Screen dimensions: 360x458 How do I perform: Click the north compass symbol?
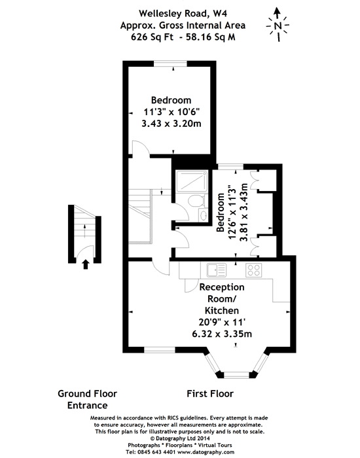278,25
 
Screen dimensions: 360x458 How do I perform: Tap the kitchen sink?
216,270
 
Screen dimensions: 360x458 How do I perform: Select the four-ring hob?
253,270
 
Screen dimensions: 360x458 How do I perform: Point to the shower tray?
192,181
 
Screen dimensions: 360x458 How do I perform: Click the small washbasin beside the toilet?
204,215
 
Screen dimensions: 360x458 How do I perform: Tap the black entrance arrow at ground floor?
85,264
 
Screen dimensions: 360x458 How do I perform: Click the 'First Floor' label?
210,394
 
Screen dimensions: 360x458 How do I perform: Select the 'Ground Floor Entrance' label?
87,399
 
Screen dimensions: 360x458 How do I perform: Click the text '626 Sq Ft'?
152,37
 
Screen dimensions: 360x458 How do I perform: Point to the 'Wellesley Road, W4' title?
183,14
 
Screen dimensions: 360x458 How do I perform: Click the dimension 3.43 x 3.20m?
171,124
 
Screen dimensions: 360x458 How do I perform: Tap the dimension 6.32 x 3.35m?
222,334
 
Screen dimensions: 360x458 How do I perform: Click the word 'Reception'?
222,287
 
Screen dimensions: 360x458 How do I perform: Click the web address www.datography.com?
206,453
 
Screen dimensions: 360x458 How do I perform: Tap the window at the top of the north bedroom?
170,63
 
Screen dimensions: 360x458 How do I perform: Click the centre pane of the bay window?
237,375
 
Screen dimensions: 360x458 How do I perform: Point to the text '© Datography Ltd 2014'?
180,438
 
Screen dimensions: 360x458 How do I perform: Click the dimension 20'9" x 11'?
222,322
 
